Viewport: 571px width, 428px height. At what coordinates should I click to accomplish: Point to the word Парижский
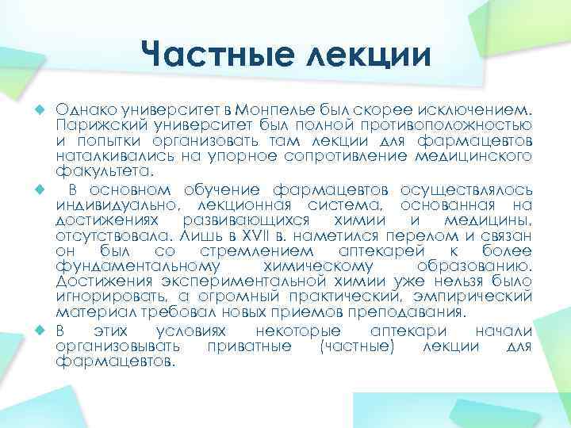93,124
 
